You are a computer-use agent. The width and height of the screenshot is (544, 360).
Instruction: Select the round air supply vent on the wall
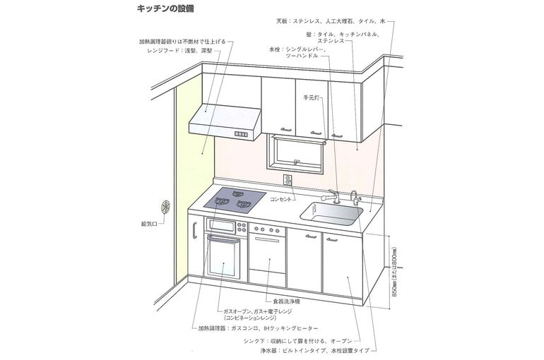tap(167, 206)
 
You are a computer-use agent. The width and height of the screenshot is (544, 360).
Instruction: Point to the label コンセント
tap(282, 200)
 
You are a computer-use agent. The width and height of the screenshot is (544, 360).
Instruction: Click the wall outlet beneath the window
tap(288, 179)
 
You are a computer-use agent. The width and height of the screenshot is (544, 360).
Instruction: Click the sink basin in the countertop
tap(331, 210)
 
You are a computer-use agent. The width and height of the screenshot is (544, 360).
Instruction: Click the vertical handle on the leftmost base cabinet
tap(194, 229)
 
